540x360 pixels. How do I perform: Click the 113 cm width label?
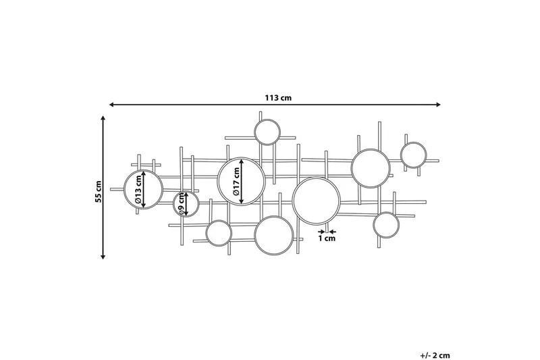point(277,97)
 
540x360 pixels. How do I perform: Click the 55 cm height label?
point(98,192)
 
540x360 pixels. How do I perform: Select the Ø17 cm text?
point(236,182)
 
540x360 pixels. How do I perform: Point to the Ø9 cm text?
point(182,203)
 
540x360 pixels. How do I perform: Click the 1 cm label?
point(327,238)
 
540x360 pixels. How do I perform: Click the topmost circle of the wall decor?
point(267,131)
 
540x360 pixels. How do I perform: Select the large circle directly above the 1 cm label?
point(316,201)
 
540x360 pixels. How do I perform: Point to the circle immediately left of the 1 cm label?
point(274,236)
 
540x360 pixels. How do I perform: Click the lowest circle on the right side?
point(387,225)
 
